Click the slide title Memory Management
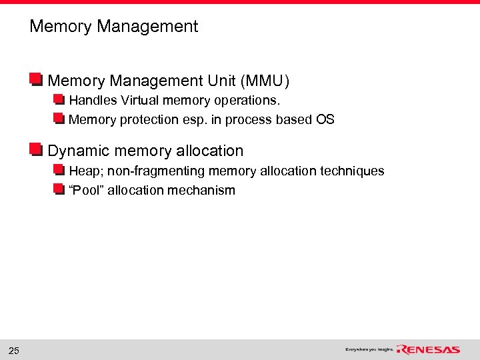tap(114, 27)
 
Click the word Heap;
tap(85, 171)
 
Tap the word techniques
tap(351, 171)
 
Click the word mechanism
tap(204, 190)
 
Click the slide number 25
tap(14, 351)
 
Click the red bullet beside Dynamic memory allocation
tap(36, 149)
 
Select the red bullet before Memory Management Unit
tap(36, 80)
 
